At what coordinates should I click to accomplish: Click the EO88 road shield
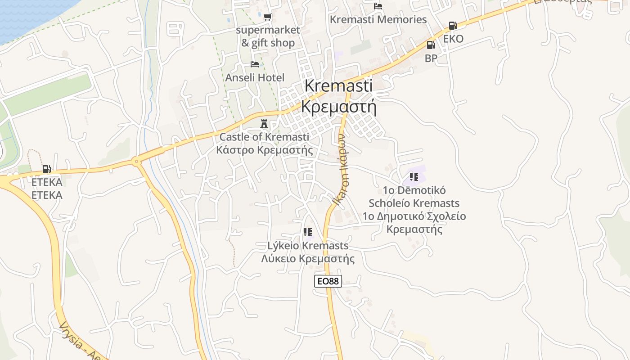pyautogui.click(x=328, y=281)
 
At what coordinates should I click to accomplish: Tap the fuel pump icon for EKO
pyautogui.click(x=453, y=26)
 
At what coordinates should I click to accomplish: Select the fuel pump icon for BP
pyautogui.click(x=431, y=45)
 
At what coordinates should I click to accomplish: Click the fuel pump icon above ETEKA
pyautogui.click(x=46, y=169)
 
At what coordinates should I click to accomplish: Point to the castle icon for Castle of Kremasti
pyautogui.click(x=264, y=123)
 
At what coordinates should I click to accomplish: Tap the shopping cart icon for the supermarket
pyautogui.click(x=268, y=17)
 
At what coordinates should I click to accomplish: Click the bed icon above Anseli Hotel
pyautogui.click(x=255, y=64)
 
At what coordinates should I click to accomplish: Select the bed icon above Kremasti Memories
pyautogui.click(x=378, y=6)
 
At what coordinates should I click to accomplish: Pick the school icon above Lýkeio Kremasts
pyautogui.click(x=308, y=232)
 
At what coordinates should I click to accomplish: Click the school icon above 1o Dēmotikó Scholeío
pyautogui.click(x=414, y=177)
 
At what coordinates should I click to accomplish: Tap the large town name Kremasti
pyautogui.click(x=338, y=86)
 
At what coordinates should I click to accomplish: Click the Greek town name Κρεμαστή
pyautogui.click(x=338, y=107)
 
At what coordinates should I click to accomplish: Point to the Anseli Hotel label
pyautogui.click(x=255, y=78)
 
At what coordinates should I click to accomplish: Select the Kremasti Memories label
pyautogui.click(x=378, y=20)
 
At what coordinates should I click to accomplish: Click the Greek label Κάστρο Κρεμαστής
pyautogui.click(x=264, y=150)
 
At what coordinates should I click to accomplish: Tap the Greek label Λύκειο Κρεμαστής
pyautogui.click(x=308, y=259)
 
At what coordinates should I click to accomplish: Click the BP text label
pyautogui.click(x=431, y=58)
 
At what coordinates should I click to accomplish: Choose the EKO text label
pyautogui.click(x=453, y=39)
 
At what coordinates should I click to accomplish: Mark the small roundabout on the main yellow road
pyautogui.click(x=136, y=161)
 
